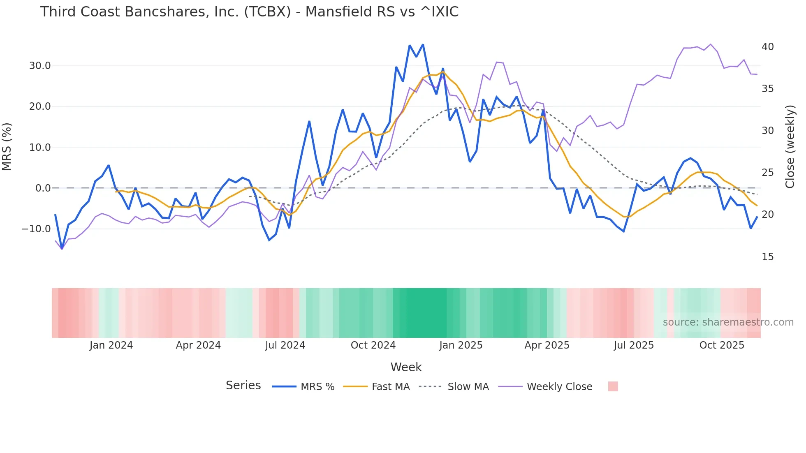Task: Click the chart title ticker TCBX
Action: tap(268, 12)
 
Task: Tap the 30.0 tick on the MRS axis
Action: tap(39, 66)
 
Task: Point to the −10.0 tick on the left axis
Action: tap(36, 229)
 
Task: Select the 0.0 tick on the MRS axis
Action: tap(43, 188)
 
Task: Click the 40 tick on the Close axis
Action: tap(767, 47)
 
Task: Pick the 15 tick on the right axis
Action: tap(767, 257)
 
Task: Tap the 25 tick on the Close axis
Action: tap(767, 173)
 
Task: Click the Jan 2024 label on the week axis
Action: tap(111, 345)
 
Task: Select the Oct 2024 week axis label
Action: tap(373, 345)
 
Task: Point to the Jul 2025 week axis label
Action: tap(634, 345)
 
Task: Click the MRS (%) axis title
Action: tap(7, 147)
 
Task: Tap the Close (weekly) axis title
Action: tap(790, 147)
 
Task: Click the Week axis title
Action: tap(406, 367)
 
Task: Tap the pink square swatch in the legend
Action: tap(613, 387)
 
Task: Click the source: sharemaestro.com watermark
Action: tap(728, 322)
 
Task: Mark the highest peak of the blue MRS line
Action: tap(423, 44)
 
